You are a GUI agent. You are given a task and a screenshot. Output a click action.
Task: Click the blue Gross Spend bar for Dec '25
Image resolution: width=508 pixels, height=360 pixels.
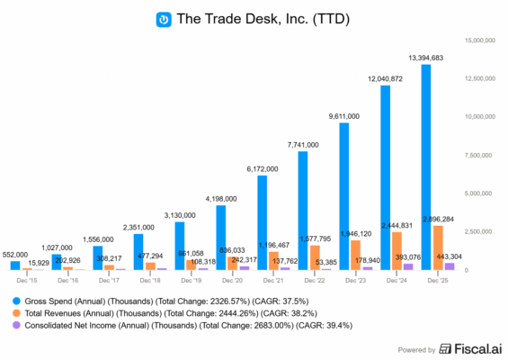point(426,166)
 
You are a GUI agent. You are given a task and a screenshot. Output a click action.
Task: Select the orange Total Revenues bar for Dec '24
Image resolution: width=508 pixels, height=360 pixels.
point(397,251)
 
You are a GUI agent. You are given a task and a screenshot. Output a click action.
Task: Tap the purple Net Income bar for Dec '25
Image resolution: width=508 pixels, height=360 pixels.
point(449,266)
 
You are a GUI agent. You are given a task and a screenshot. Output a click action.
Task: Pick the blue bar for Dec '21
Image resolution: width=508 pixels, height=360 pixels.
point(263,222)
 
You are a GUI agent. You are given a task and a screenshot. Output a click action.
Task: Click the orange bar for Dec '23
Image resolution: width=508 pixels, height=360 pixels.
point(356,255)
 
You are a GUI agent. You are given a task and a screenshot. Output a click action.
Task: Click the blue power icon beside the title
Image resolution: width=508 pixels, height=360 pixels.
point(164,18)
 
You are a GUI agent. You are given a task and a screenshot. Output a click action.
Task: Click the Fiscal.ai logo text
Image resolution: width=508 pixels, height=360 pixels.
point(471,347)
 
